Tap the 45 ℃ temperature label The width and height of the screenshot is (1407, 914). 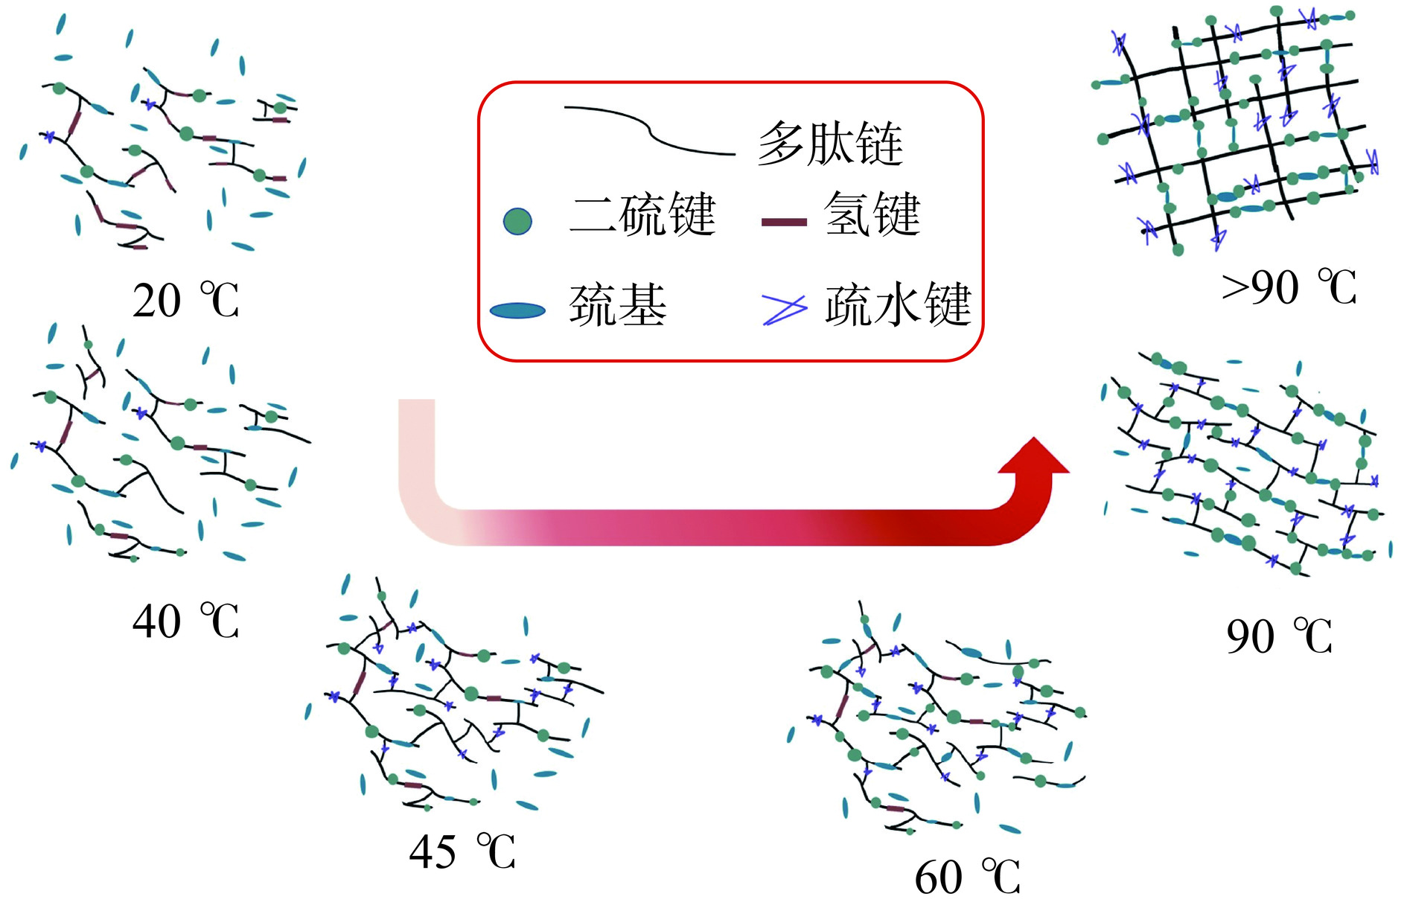pyautogui.click(x=462, y=851)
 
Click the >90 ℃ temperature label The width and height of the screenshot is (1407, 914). pyautogui.click(x=1289, y=287)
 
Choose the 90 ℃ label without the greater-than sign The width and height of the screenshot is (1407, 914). pyautogui.click(x=1279, y=636)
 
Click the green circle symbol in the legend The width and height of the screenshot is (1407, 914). pyautogui.click(x=517, y=221)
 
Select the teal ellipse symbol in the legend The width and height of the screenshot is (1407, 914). pyautogui.click(x=518, y=310)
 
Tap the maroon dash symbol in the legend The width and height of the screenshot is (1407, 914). pyautogui.click(x=784, y=222)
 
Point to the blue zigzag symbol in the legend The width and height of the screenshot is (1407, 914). pyautogui.click(x=784, y=309)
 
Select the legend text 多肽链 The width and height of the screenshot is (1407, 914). pyautogui.click(x=830, y=143)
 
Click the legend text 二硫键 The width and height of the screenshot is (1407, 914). pyautogui.click(x=642, y=215)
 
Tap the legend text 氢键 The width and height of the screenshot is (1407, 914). pyautogui.click(x=872, y=215)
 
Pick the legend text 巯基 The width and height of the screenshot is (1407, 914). pyautogui.click(x=618, y=305)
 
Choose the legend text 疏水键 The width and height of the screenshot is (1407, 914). pyautogui.click(x=898, y=305)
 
